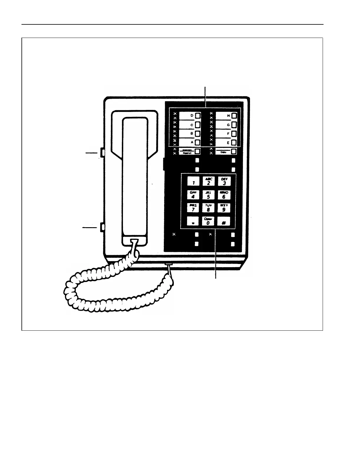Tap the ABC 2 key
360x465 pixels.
(x=209, y=181)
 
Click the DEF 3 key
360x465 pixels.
(x=224, y=181)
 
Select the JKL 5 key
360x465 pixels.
(x=209, y=195)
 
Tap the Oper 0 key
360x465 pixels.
(x=208, y=221)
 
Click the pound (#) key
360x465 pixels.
(x=224, y=222)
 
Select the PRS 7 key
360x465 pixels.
(x=193, y=208)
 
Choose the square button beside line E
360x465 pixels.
(x=234, y=143)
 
